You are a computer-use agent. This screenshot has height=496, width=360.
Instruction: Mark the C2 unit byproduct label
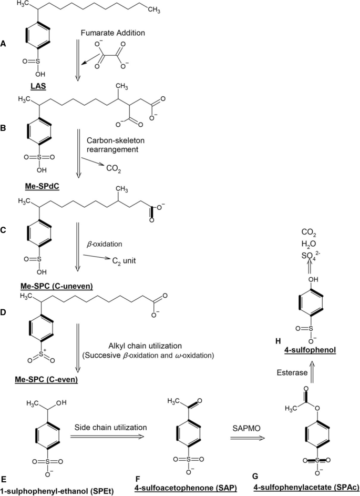(x=122, y=259)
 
